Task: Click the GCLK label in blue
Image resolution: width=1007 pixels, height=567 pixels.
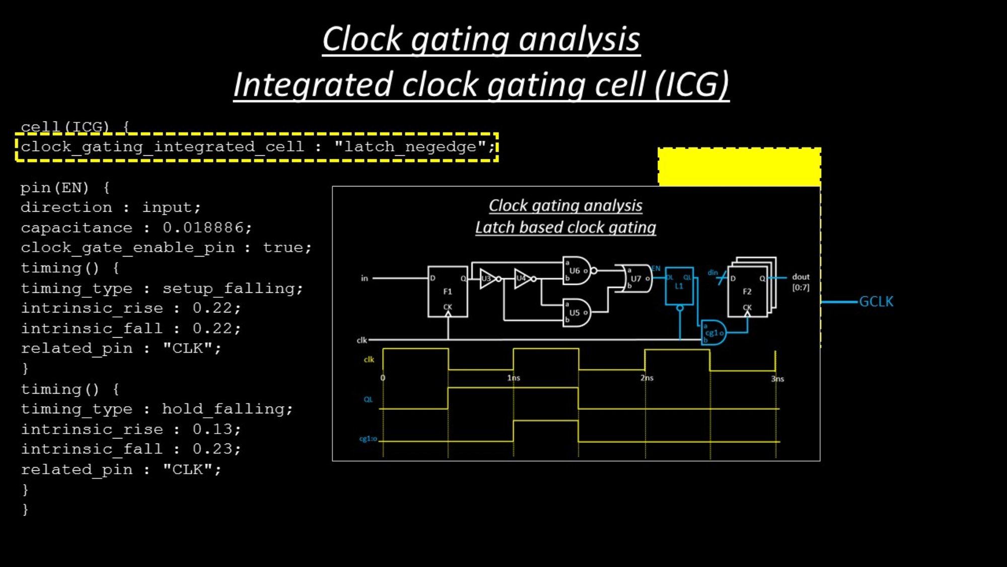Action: tap(876, 301)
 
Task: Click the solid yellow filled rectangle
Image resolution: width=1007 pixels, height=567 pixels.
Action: tap(739, 167)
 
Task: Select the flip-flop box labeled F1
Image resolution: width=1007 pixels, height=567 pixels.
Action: tap(448, 291)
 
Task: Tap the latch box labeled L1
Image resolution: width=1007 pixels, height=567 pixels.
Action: tap(679, 286)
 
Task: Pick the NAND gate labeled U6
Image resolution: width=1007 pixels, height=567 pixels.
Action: tap(576, 271)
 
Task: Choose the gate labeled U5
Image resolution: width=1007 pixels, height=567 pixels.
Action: tap(576, 312)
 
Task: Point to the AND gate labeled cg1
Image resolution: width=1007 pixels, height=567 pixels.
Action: tap(714, 333)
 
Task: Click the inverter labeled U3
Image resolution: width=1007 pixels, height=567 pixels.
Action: tap(488, 279)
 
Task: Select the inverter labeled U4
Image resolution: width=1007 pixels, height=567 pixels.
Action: tap(523, 279)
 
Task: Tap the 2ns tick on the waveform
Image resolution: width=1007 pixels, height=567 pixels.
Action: tap(647, 378)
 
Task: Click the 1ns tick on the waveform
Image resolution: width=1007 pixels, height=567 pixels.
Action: tap(514, 378)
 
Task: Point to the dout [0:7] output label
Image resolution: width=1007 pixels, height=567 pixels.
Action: tap(801, 282)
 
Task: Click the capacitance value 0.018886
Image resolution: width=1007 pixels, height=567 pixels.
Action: tap(206, 228)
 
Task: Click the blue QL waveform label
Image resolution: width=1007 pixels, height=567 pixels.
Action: tap(368, 400)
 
